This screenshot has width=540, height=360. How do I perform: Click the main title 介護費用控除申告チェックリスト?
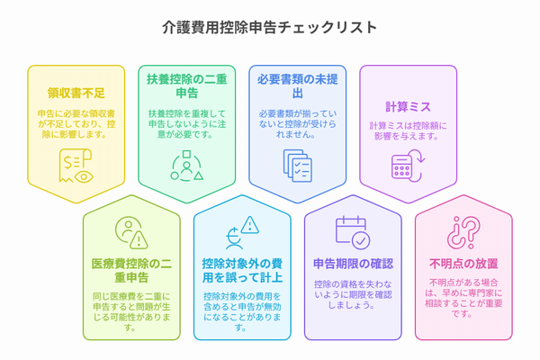point(270,28)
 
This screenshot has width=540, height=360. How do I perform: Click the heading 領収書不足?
point(76,93)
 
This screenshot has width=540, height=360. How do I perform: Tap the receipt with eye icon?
point(76,166)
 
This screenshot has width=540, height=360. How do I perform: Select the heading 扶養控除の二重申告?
point(187,86)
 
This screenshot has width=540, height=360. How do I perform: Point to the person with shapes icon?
point(186,166)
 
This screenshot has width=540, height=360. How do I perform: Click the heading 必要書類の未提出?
point(298,86)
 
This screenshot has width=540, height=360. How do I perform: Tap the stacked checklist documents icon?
point(298,166)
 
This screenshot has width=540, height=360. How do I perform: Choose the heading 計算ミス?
point(408,107)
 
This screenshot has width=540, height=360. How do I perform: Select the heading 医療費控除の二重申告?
point(131,270)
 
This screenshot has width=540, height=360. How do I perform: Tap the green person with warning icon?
point(131,232)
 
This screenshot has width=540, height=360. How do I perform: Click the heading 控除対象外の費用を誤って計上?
point(242,270)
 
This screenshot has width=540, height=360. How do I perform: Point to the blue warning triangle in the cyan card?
point(250,225)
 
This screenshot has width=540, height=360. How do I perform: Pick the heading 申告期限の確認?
point(353,264)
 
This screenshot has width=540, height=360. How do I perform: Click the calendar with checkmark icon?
point(353,232)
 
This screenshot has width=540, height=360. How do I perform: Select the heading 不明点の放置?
point(463,264)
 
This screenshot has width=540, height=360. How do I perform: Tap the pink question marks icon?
point(463,232)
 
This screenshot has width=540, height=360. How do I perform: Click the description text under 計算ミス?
point(408,130)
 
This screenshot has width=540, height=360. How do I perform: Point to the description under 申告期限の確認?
point(353,294)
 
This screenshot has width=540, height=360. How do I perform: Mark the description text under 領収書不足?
point(76,124)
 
